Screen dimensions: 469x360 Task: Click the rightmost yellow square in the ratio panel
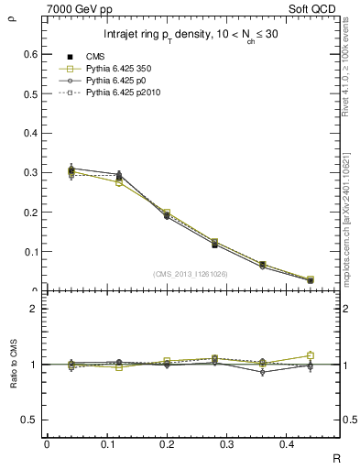point(311,355)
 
